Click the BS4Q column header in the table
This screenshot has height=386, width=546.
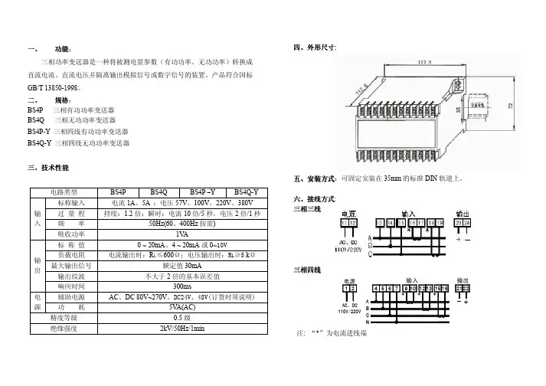pyautogui.click(x=159, y=191)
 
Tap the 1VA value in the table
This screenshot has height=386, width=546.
pyautogui.click(x=182, y=234)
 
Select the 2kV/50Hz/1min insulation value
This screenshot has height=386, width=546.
pyautogui.click(x=182, y=329)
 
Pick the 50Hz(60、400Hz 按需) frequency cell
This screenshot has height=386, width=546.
pyautogui.click(x=182, y=223)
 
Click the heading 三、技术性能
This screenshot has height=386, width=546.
pyautogui.click(x=48, y=167)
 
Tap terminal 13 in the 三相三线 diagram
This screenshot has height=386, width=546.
pyautogui.click(x=378, y=222)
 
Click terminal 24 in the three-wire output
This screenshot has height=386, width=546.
pyautogui.click(x=468, y=222)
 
